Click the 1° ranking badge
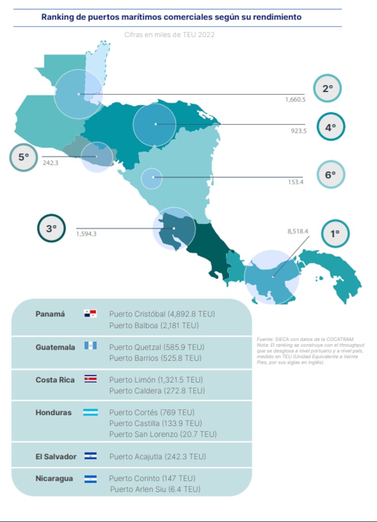[335, 233]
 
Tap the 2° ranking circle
[328, 88]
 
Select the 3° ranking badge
[51, 228]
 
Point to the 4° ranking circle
[331, 127]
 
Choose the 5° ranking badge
[24, 157]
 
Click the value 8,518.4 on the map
[298, 231]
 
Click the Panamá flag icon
[90, 314]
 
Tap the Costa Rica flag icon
[90, 380]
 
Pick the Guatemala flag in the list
[90, 346]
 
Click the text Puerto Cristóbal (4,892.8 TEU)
[162, 314]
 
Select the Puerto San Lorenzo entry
[163, 434]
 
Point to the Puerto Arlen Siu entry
[155, 489]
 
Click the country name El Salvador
[56, 456]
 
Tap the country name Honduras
[53, 412]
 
